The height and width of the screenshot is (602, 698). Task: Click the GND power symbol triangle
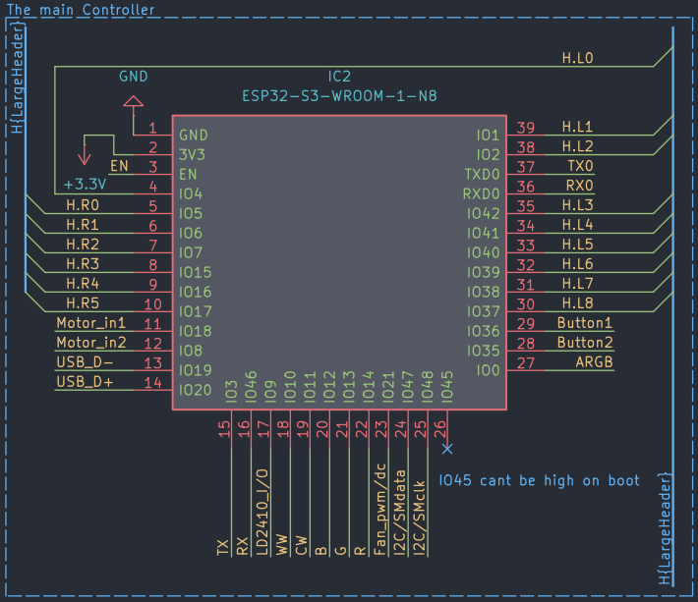133,101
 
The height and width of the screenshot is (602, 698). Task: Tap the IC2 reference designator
339,77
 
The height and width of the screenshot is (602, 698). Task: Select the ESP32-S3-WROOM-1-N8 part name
339,96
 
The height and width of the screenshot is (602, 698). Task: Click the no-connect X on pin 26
447,449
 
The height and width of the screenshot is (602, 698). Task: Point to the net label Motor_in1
91,323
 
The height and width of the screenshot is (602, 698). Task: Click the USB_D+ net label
85,382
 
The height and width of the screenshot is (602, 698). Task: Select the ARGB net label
594,362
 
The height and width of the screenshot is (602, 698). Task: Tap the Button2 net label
585,343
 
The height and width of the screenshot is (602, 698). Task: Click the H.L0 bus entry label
577,58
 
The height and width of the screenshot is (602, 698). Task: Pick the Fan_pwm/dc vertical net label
379,509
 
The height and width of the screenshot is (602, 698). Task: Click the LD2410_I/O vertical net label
262,512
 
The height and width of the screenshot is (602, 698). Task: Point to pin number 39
526,128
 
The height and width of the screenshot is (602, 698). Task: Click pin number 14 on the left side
152,383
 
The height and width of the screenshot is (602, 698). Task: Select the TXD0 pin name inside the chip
482,174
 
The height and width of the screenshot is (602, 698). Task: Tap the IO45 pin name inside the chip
447,387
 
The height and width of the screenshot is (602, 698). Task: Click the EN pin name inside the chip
188,174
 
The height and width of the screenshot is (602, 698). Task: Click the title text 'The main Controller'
81,10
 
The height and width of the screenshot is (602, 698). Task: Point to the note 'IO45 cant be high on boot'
539,480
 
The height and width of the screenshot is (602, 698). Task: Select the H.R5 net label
83,303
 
